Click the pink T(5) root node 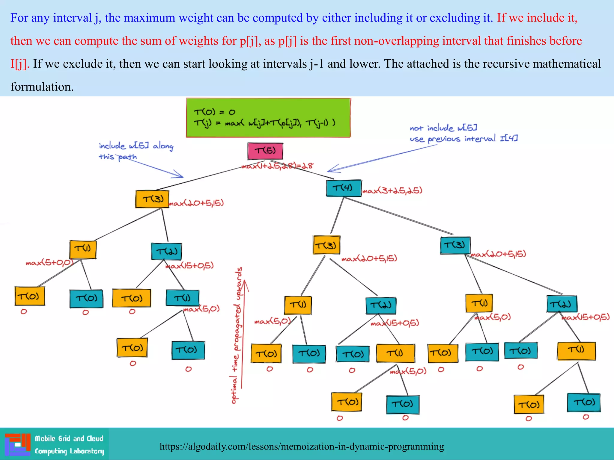[x=265, y=151]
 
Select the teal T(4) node [x=344, y=188]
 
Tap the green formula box [x=268, y=118]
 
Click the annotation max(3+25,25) [x=392, y=190]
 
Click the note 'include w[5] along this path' [x=136, y=151]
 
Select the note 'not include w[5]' [x=443, y=128]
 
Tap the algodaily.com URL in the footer [x=302, y=447]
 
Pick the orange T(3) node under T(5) [x=152, y=199]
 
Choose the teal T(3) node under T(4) [x=455, y=246]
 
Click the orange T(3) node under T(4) [x=326, y=245]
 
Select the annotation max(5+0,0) [x=49, y=263]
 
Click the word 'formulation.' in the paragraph [x=42, y=87]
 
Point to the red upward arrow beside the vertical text [x=244, y=332]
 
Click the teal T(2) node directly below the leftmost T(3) [x=166, y=251]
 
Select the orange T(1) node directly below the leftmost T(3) [x=83, y=249]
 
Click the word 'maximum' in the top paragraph [x=149, y=18]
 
